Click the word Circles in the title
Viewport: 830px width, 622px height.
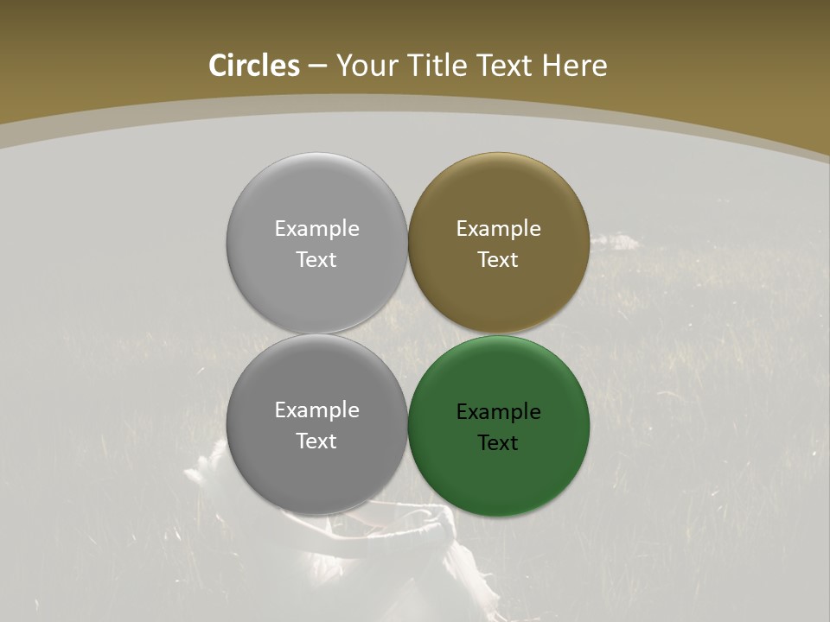point(254,66)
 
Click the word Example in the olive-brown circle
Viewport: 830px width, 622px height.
point(499,229)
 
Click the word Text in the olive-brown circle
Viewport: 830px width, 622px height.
point(498,260)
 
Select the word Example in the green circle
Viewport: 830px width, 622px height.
point(499,412)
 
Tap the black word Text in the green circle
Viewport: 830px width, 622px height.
point(498,443)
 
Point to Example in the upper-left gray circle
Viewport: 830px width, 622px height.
point(316,229)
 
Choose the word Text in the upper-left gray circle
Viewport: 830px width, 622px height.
point(316,260)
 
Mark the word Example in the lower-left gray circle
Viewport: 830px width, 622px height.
point(316,410)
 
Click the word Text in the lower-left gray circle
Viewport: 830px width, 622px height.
point(316,441)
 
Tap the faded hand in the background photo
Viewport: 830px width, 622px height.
point(204,471)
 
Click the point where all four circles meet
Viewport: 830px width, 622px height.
point(408,334)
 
